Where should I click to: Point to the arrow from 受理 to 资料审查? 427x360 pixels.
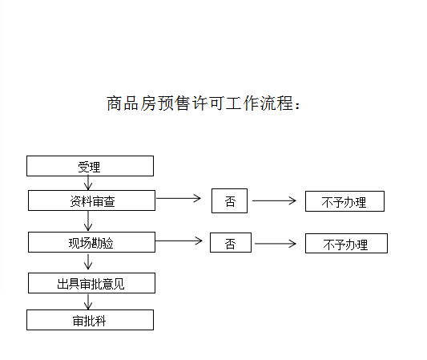tap(88, 183)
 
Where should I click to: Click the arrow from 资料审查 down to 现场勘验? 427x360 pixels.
tap(88, 221)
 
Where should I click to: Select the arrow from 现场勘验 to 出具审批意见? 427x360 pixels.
tap(88, 262)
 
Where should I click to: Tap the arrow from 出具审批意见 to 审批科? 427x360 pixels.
tap(88, 302)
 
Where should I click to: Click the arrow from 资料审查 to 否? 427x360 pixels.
tap(179, 198)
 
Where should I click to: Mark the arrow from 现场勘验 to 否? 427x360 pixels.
tap(179, 241)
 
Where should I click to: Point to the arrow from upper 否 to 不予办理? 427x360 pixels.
tap(274, 201)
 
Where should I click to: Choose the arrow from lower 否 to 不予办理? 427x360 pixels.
tap(276, 244)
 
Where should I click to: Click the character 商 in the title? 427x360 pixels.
tap(115, 103)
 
